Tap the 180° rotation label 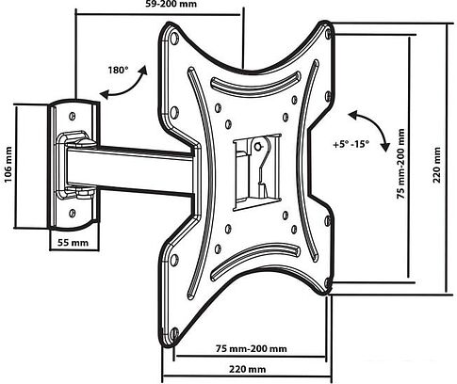pos(119,70)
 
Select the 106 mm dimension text pos(8,164)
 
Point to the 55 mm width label pos(73,243)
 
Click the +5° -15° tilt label pos(351,144)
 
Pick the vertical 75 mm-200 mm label pos(400,164)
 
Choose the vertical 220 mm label pos(437,165)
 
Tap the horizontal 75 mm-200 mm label pos(252,348)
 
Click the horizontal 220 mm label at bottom pos(247,369)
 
